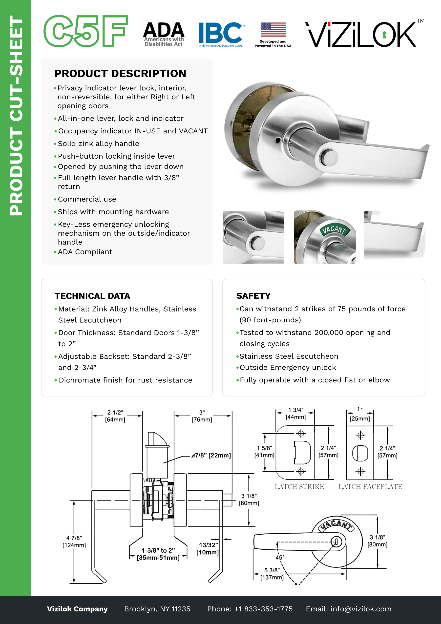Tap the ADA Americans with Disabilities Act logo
[164, 34]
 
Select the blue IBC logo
[220, 34]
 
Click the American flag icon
[273, 29]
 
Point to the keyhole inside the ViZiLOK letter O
[384, 35]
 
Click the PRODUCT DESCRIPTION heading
[120, 73]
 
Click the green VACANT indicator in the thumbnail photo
[335, 230]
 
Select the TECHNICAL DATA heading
[92, 296]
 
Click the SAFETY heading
[253, 296]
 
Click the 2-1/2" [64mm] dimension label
[115, 416]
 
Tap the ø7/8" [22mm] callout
[211, 455]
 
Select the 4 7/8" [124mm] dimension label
[74, 541]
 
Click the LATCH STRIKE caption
[299, 486]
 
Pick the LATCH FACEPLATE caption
[370, 486]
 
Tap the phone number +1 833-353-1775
[263, 609]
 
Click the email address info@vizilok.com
[361, 609]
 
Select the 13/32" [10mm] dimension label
[208, 548]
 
